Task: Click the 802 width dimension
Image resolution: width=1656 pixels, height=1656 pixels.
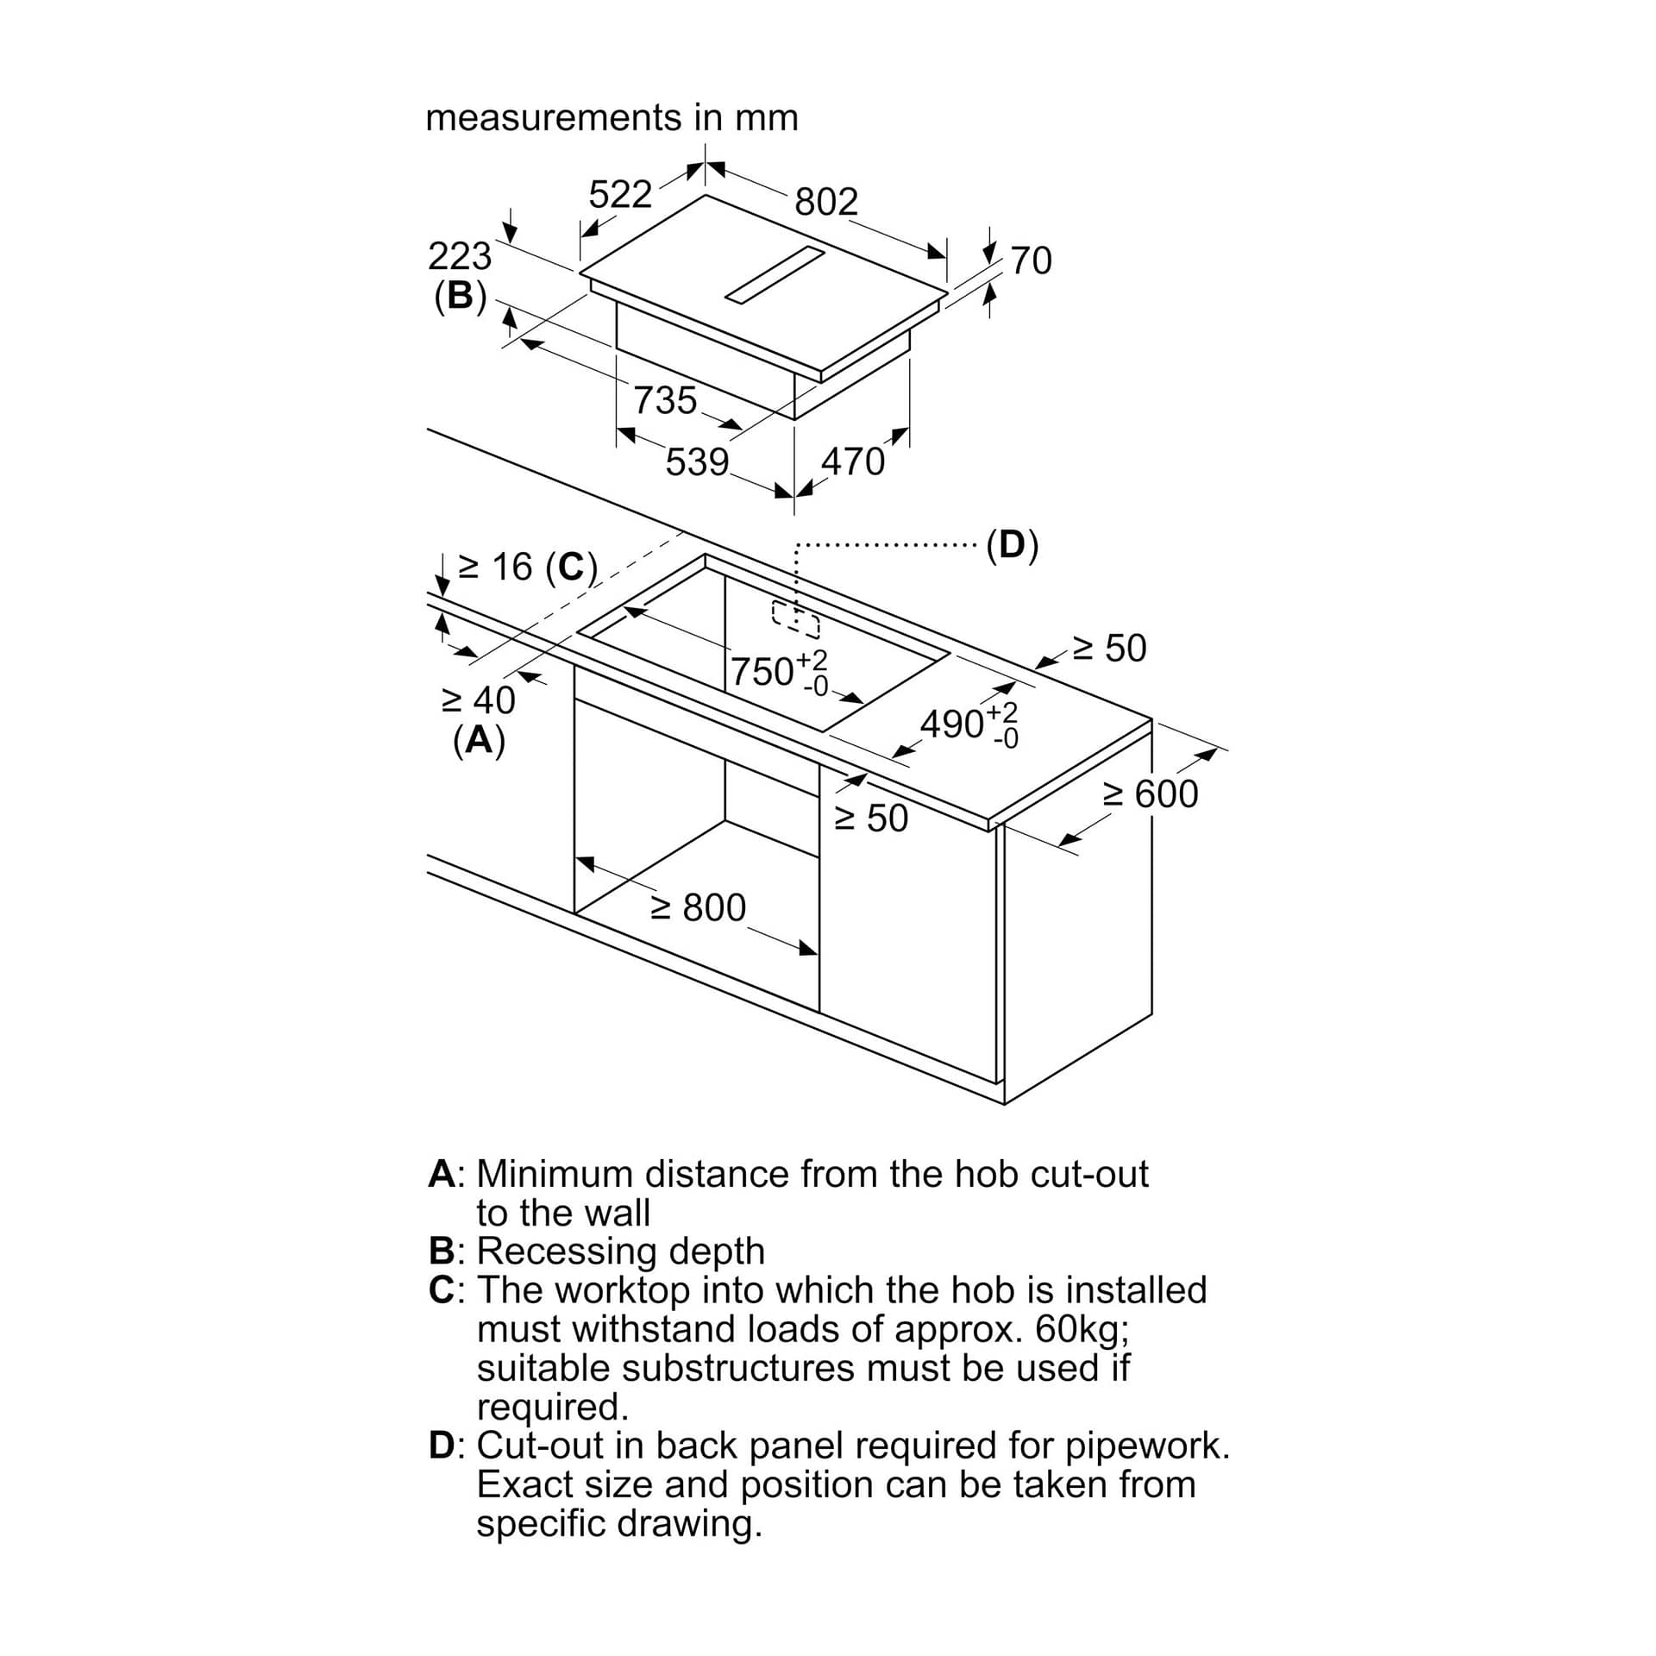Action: pyautogui.click(x=826, y=202)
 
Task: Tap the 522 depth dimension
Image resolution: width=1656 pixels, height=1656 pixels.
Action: pyautogui.click(x=620, y=195)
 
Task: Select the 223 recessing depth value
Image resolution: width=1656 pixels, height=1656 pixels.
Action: pyautogui.click(x=460, y=256)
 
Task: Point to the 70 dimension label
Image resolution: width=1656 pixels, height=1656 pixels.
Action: pyautogui.click(x=1031, y=260)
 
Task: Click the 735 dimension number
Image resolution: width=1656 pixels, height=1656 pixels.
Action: pyautogui.click(x=665, y=400)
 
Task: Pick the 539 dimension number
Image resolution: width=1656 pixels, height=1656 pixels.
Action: pyautogui.click(x=697, y=462)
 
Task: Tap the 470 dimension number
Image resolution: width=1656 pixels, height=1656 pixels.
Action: pyautogui.click(x=852, y=462)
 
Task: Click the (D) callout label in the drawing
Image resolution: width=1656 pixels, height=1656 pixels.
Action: pyautogui.click(x=1013, y=545)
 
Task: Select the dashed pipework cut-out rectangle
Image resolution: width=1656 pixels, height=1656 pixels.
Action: pyautogui.click(x=796, y=618)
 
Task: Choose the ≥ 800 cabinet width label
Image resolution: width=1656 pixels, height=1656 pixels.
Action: pyautogui.click(x=699, y=907)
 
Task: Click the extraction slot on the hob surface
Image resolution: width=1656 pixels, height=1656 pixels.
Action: pyautogui.click(x=775, y=275)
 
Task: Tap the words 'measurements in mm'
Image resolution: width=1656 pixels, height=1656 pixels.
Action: pyautogui.click(x=612, y=117)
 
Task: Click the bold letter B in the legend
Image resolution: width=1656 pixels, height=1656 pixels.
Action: pyautogui.click(x=442, y=1250)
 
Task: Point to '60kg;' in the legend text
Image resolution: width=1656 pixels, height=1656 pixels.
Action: pyautogui.click(x=1082, y=1329)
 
